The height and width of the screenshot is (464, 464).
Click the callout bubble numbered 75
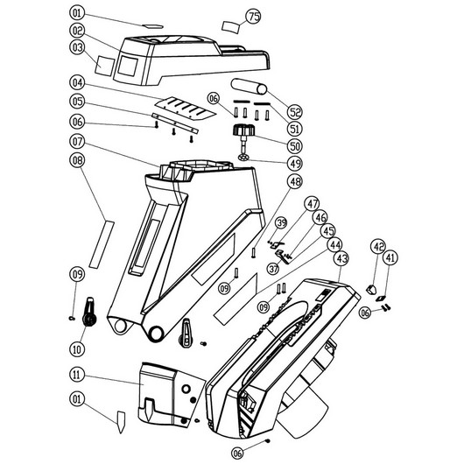[x=254, y=17]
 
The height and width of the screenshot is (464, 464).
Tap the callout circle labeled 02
[x=78, y=31]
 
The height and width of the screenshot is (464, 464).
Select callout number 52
[x=295, y=112]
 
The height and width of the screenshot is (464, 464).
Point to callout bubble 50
[x=295, y=146]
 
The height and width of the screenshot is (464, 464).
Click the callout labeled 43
[x=341, y=259]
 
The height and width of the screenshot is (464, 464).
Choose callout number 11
[x=77, y=375]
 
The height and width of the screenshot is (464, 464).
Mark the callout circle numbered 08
[x=77, y=160]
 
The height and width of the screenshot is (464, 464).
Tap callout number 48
[x=295, y=182]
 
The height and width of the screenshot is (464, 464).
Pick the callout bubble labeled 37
[x=273, y=269]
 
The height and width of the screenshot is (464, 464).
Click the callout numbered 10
[x=77, y=349]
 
